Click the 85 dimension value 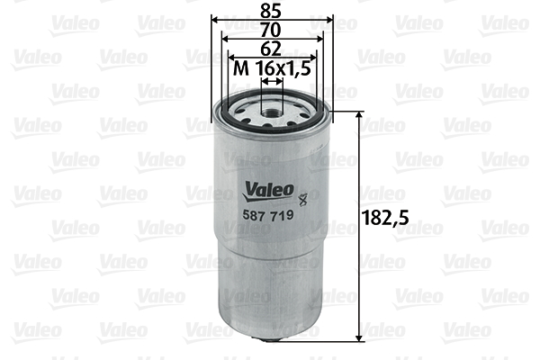(x=271, y=11)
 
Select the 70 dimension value (x=271, y=31)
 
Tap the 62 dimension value (x=271, y=49)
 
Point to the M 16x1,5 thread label (x=272, y=68)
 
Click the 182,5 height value (x=386, y=218)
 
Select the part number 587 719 (x=268, y=215)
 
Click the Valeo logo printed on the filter (x=269, y=191)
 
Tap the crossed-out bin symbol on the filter (x=302, y=199)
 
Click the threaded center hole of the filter (x=272, y=112)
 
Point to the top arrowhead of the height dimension (x=359, y=115)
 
